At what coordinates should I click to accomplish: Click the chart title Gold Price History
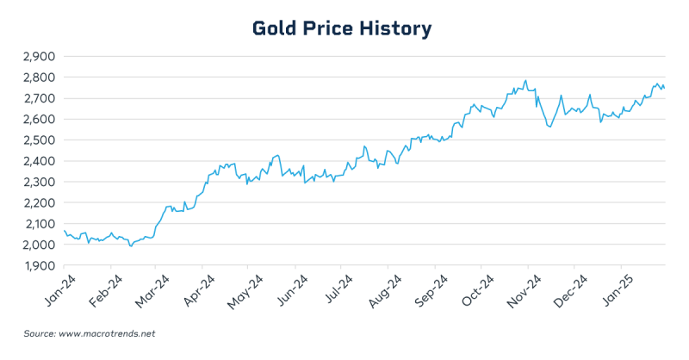click(342, 28)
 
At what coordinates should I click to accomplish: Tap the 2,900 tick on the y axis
click(36, 56)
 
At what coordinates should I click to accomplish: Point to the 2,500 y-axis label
click(36, 140)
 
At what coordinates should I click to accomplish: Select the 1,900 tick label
click(36, 265)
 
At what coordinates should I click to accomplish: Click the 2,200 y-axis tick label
click(36, 202)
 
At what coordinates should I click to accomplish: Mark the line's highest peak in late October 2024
click(525, 81)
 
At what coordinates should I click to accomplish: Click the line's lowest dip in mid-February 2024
click(131, 246)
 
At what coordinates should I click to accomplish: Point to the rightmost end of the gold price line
click(664, 88)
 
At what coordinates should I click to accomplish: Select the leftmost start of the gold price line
click(64, 230)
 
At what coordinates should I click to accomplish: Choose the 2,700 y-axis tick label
click(36, 97)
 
